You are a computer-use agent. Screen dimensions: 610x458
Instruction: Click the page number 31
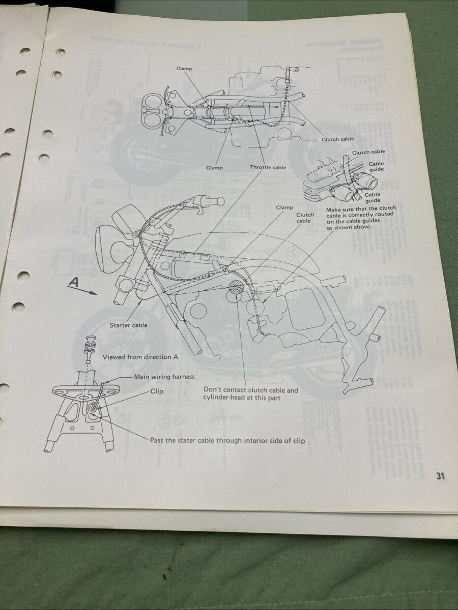(440, 476)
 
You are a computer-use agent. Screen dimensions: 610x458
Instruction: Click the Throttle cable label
(268, 167)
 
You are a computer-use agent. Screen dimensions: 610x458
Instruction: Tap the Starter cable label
(128, 325)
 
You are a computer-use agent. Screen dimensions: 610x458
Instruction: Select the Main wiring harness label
(164, 377)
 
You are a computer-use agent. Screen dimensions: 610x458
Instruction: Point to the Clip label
(157, 391)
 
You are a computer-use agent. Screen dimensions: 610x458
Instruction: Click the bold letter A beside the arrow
(74, 283)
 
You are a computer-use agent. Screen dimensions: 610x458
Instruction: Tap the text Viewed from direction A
(140, 357)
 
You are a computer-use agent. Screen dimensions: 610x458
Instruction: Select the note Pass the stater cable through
(227, 441)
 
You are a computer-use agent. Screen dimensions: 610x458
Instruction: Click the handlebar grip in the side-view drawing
(214, 202)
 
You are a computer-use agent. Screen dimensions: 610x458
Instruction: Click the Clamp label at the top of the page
(184, 68)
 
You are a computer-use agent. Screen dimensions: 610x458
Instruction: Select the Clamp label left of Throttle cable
(214, 167)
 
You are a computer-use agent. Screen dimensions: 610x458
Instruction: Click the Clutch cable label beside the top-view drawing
(337, 139)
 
